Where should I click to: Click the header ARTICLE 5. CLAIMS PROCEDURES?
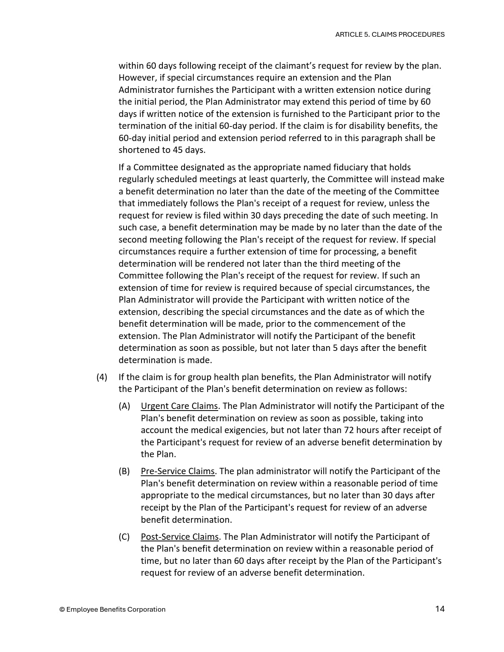389,34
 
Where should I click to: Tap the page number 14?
440,609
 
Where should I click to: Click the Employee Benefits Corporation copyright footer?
112,609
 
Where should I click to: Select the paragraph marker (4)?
102,377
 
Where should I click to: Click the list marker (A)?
124,406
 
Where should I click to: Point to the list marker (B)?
124,471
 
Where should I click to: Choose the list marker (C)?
124,537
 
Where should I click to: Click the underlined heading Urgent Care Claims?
179,406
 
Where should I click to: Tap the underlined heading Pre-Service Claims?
177,471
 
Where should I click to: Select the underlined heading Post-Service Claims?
179,537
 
